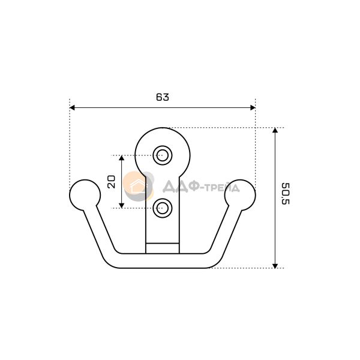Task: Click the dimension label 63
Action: [x=163, y=97]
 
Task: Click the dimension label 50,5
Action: [x=286, y=194]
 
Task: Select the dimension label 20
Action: [x=112, y=182]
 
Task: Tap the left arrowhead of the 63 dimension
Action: [x=72, y=107]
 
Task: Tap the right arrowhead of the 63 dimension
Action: [x=253, y=107]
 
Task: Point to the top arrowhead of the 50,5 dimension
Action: [x=275, y=130]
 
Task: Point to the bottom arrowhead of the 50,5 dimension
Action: [x=275, y=266]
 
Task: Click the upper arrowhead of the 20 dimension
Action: [x=122, y=158]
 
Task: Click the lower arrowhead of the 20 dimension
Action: [x=122, y=206]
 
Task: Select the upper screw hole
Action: [x=163, y=155]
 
